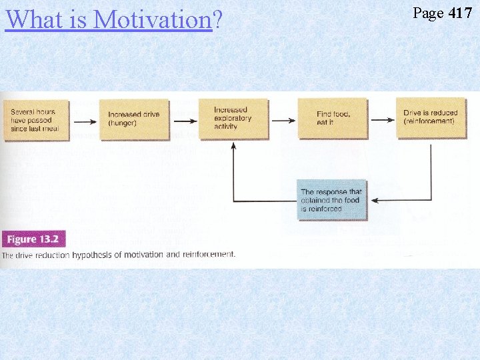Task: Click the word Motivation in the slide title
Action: (153, 19)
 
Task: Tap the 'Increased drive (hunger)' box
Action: (133, 119)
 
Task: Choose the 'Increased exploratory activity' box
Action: (233, 119)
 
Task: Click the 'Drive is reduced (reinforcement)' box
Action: (430, 117)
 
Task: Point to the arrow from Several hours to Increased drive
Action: (83, 121)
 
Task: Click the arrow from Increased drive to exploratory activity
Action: (183, 121)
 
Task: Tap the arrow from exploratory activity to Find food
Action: (283, 121)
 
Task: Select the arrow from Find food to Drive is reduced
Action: (382, 120)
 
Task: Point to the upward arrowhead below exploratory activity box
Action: (233, 145)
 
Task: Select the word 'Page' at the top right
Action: (429, 13)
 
